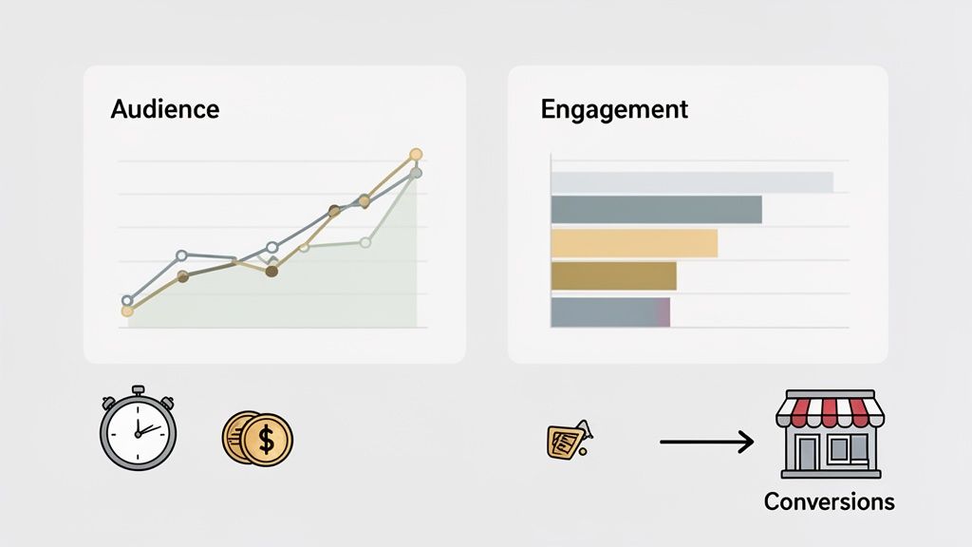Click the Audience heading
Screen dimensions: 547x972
[x=164, y=109]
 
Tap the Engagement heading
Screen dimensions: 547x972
[x=613, y=109]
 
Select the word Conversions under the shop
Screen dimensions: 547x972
[x=829, y=501]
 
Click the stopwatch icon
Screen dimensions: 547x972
[x=138, y=428]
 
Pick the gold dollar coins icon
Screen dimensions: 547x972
[x=257, y=439]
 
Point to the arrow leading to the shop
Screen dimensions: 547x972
[x=706, y=441]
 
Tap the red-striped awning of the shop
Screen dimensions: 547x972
[x=830, y=411]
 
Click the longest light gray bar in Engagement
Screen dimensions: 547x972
[x=691, y=181]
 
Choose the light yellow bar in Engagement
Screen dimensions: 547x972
[x=633, y=243]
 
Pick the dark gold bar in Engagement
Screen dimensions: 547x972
[x=613, y=275]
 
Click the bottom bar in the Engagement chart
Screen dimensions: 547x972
[x=610, y=311]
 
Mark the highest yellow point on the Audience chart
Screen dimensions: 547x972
[x=415, y=154]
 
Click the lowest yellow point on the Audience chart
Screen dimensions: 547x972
[x=127, y=311]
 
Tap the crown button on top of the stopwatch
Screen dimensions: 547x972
[x=138, y=390]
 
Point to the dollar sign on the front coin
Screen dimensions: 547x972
[x=267, y=441]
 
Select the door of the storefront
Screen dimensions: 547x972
[x=810, y=453]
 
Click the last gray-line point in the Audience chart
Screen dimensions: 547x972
[x=416, y=173]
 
